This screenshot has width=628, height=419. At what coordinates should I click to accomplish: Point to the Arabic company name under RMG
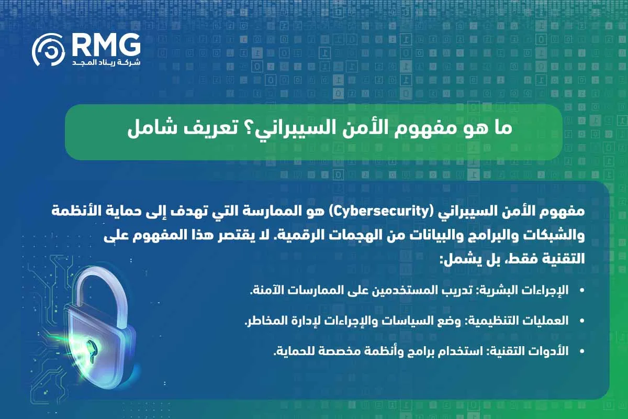(107, 62)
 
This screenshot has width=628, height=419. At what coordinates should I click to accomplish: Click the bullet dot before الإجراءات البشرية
(581, 291)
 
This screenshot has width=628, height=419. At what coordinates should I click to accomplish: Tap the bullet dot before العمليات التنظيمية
(581, 321)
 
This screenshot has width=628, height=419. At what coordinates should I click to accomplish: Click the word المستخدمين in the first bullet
(411, 291)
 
